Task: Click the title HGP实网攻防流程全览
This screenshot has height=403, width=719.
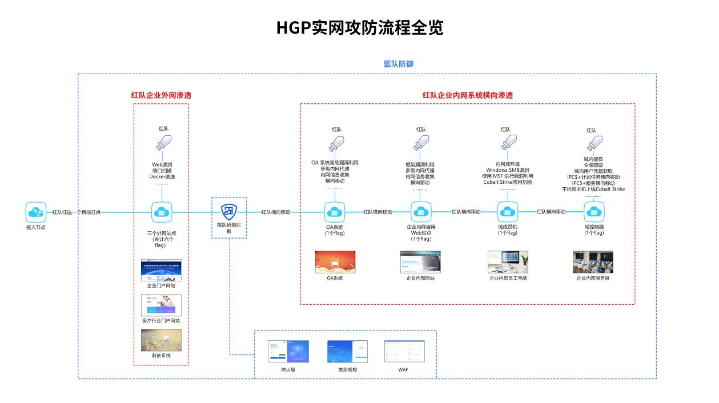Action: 359,27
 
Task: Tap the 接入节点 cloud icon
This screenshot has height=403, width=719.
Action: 36,212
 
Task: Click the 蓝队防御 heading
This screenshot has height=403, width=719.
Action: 398,64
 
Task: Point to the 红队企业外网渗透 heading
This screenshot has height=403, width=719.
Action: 161,95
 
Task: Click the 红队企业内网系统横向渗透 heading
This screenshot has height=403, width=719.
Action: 467,95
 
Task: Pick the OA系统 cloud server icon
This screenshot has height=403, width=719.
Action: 334,212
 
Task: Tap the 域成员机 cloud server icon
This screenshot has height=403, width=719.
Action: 507,212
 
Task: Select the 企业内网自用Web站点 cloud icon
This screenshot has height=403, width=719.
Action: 421,212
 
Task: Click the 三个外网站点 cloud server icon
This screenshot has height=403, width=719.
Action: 161,212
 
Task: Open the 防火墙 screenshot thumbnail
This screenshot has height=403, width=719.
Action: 288,352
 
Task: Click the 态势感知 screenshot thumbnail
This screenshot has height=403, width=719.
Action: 347,352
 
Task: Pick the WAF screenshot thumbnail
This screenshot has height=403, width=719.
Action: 404,352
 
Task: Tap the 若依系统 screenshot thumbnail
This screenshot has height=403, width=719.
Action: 161,340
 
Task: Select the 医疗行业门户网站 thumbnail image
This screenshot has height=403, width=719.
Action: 161,305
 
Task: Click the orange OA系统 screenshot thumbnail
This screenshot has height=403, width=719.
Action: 334,262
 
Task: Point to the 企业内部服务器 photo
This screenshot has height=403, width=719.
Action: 593,262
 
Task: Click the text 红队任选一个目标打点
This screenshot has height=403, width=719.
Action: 77,212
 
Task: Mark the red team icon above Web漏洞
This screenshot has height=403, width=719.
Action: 163,142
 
